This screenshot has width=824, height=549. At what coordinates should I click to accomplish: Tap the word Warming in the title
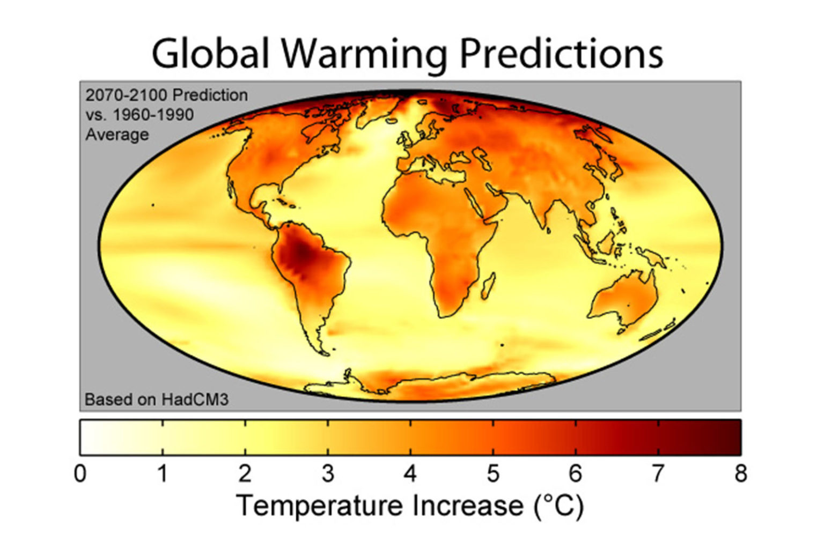pyautogui.click(x=363, y=54)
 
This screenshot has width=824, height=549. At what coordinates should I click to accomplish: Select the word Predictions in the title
pyautogui.click(x=562, y=53)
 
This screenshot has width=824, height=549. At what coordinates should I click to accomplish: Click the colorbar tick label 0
pyautogui.click(x=80, y=474)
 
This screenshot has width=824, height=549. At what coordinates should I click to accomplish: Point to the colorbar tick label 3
pyautogui.click(x=328, y=474)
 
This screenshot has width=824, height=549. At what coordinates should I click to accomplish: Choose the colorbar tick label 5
pyautogui.click(x=493, y=474)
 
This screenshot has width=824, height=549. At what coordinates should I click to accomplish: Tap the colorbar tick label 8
pyautogui.click(x=741, y=474)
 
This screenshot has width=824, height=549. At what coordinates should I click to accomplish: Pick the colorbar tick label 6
pyautogui.click(x=576, y=474)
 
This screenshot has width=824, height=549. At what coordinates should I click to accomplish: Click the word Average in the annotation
pyautogui.click(x=117, y=134)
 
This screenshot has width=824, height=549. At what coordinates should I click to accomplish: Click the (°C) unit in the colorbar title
pyautogui.click(x=558, y=506)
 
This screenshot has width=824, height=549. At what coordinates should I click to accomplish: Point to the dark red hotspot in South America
pyautogui.click(x=300, y=252)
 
